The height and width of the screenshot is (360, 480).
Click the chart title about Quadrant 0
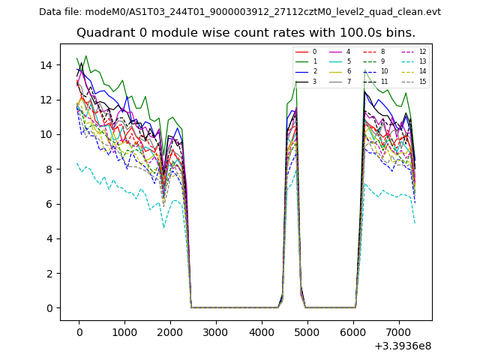click(246, 33)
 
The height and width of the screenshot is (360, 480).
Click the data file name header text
click(240, 12)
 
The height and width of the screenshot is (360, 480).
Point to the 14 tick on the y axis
click(46, 65)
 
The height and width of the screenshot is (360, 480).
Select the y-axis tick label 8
click(49, 169)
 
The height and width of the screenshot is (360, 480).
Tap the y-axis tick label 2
click(49, 274)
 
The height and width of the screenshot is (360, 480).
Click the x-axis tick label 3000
click(216, 332)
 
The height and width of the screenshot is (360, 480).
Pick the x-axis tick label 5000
click(307, 332)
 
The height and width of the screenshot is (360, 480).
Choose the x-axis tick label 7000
click(399, 332)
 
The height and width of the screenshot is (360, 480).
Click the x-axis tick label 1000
click(124, 332)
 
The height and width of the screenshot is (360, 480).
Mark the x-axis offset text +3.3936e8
click(402, 346)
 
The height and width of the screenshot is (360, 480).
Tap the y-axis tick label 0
click(49, 308)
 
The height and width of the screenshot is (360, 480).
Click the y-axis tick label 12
click(46, 100)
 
